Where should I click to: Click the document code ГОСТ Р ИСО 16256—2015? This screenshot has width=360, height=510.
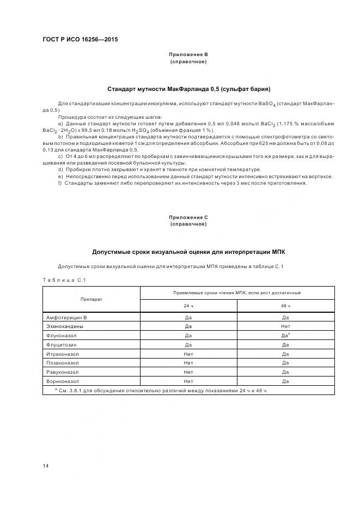[80, 40]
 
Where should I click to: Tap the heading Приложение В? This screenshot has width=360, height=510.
[188, 55]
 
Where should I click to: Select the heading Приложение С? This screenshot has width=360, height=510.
[188, 217]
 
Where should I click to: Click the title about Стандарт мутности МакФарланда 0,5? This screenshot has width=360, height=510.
[188, 88]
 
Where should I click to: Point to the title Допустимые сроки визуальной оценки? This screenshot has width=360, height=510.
[188, 252]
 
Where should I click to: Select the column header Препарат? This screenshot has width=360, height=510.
[91, 299]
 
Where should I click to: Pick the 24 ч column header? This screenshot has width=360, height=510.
[188, 306]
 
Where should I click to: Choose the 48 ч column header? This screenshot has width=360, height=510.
[285, 306]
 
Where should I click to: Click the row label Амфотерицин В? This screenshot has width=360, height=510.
[66, 317]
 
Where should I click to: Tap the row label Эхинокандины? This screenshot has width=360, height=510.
[65, 326]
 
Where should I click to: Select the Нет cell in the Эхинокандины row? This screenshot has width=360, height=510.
[285, 326]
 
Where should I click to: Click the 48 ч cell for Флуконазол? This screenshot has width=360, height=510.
[285, 336]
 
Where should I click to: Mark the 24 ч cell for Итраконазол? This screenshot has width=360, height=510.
[188, 354]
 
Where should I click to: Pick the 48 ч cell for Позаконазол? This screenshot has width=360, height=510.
[285, 363]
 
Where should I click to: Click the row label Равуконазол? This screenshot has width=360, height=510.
[63, 372]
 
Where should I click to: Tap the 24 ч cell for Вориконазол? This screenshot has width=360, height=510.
[188, 381]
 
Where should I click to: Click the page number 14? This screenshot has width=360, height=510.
[46, 465]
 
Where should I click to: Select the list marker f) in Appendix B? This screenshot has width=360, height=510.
[59, 183]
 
